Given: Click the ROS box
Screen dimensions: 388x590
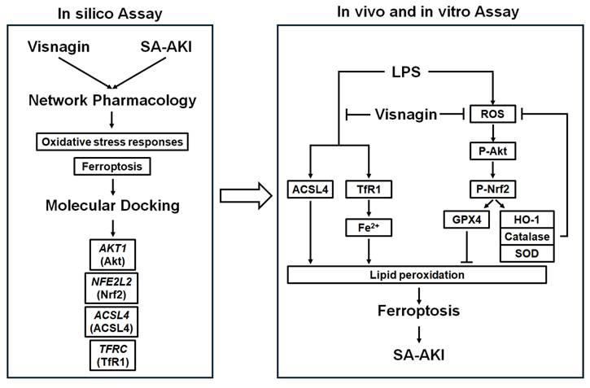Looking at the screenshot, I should (492, 116).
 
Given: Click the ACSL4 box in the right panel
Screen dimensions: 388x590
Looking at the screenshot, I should (308, 190).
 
